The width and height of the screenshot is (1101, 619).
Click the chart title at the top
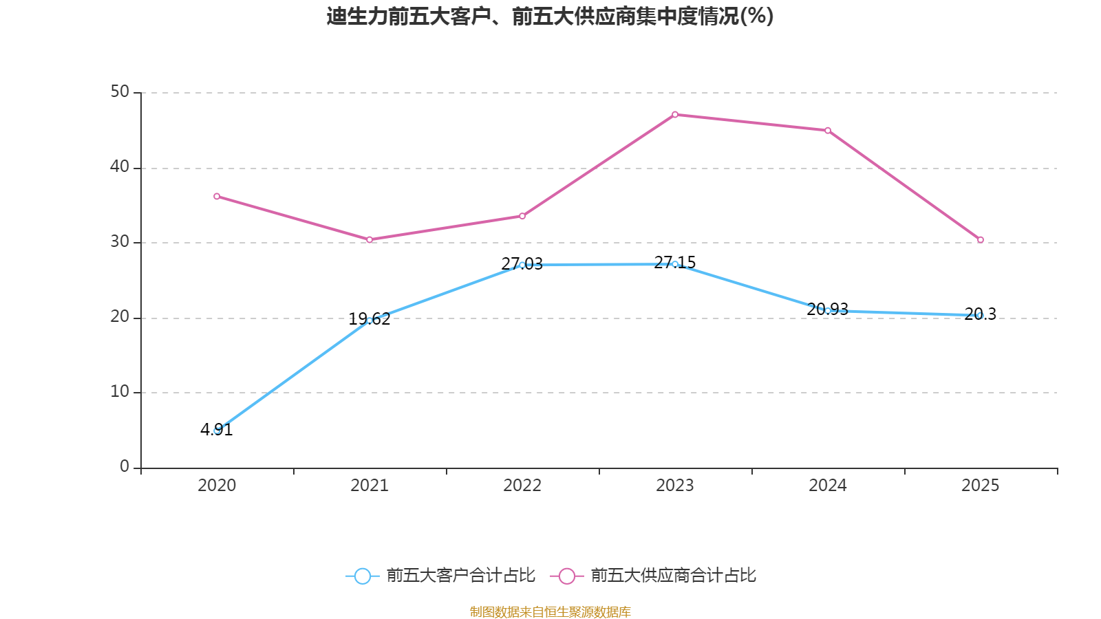click(550, 16)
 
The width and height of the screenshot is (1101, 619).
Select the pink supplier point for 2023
click(675, 115)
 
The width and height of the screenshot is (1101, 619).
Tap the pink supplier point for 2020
click(217, 197)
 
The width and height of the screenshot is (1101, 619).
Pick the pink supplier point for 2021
click(370, 240)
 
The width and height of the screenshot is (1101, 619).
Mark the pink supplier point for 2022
click(522, 216)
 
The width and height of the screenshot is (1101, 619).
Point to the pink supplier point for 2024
click(828, 131)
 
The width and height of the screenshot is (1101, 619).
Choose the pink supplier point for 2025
click(981, 240)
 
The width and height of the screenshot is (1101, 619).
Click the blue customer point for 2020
click(217, 431)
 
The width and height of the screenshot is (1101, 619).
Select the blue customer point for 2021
click(370, 321)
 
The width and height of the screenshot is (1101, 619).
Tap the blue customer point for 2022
click(522, 265)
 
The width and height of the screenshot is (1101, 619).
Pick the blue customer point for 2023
click(675, 264)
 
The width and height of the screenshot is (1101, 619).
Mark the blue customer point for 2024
click(828, 311)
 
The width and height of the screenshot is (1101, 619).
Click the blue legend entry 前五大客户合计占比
click(440, 576)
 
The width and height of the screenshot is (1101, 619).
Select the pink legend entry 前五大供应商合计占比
click(654, 576)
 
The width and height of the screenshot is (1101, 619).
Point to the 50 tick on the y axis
click(120, 91)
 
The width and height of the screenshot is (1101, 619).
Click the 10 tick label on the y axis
click(120, 391)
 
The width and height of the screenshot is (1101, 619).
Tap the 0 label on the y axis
click(125, 466)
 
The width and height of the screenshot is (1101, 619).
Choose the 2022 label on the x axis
click(522, 486)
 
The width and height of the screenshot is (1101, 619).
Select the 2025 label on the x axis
click(981, 486)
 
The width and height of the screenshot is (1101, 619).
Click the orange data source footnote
click(550, 611)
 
